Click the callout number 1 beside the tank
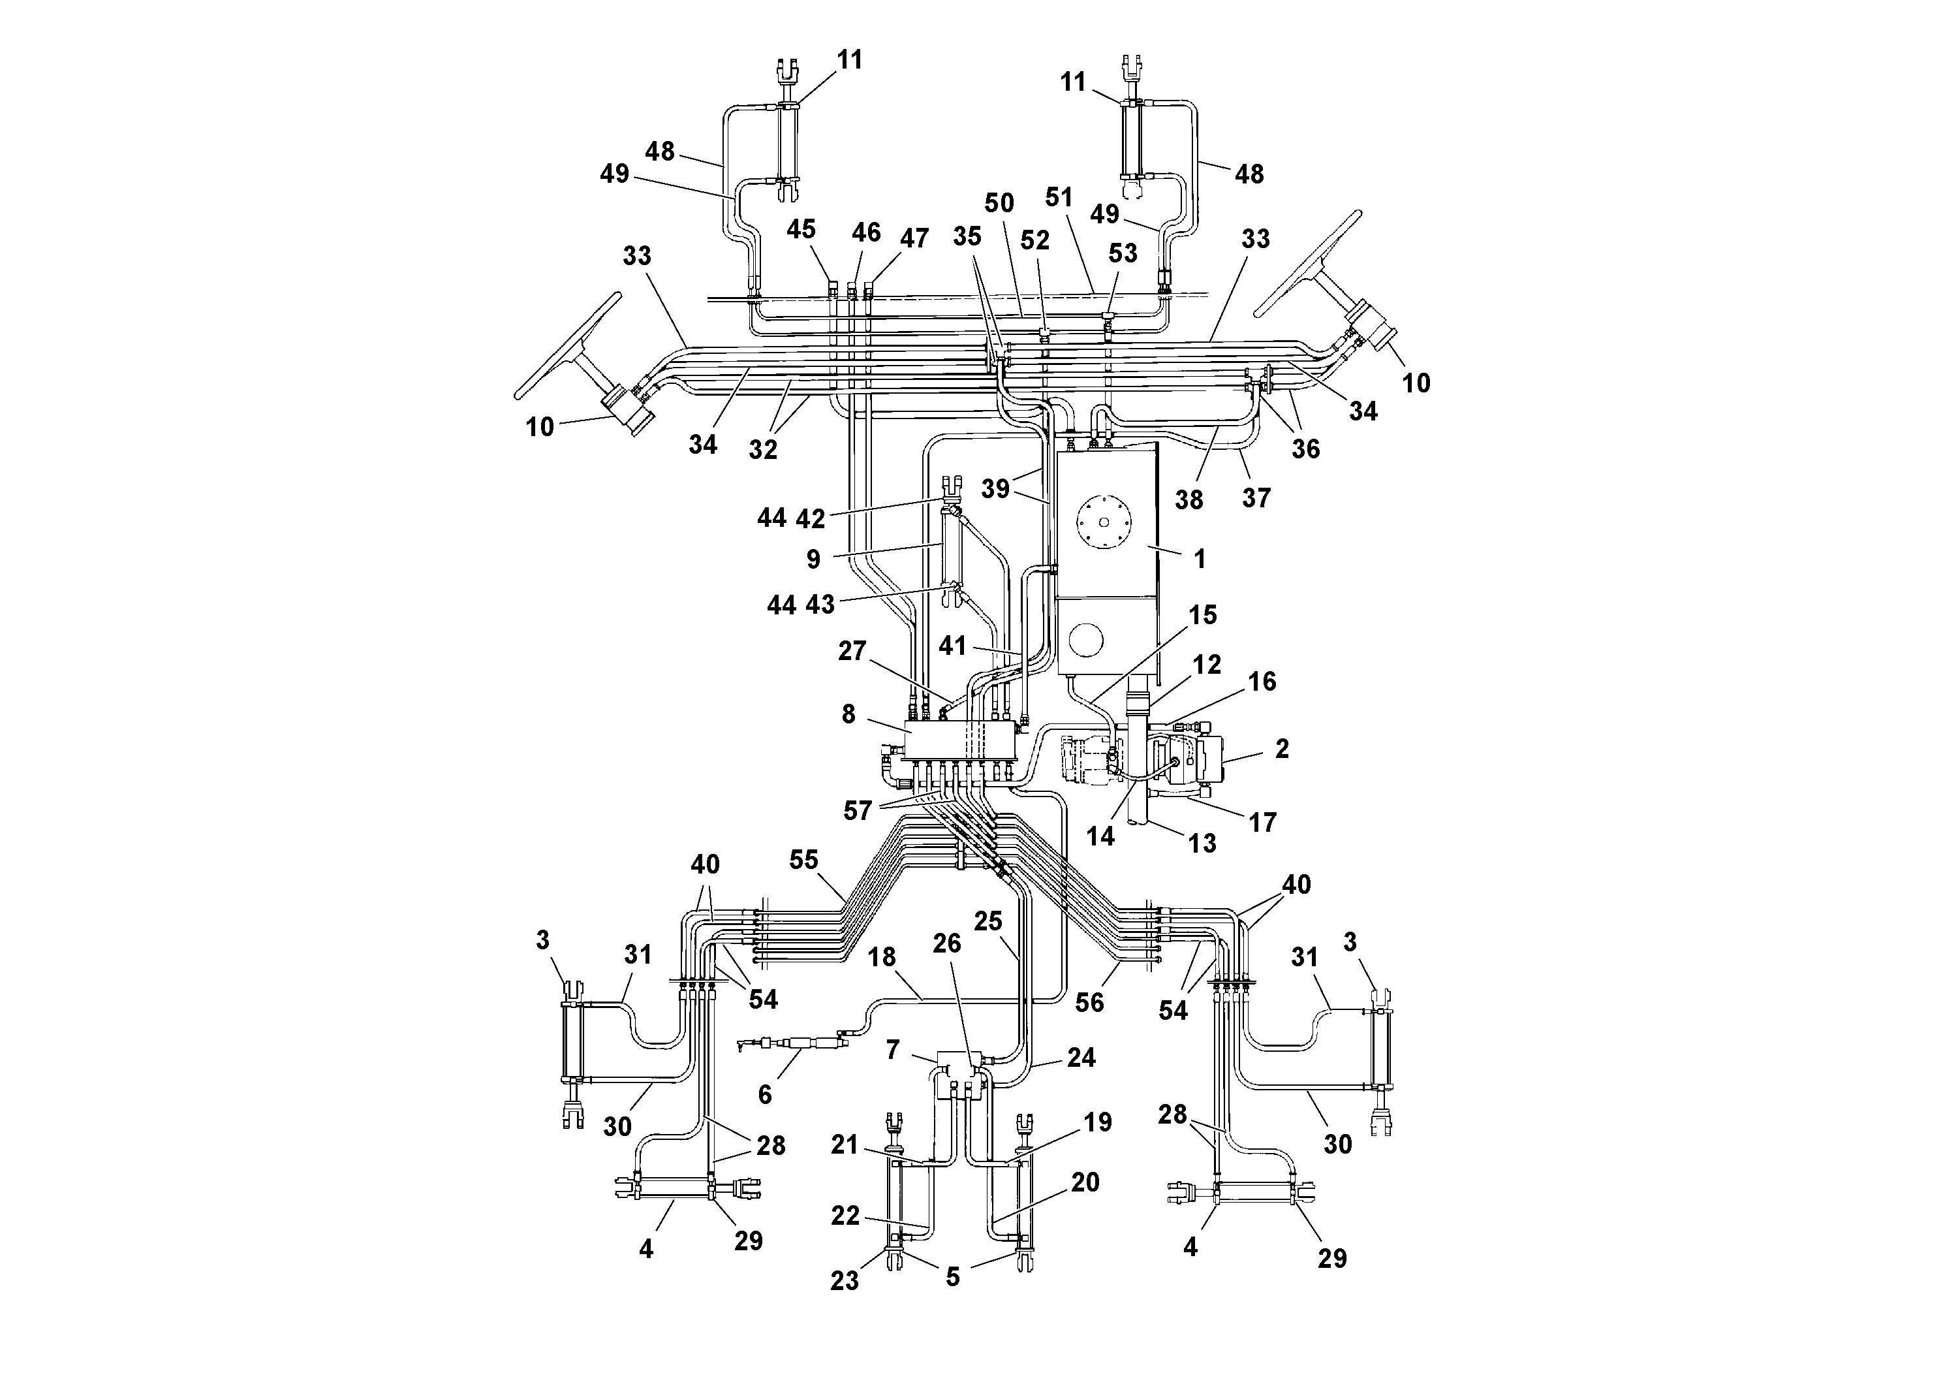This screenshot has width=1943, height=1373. click(1199, 559)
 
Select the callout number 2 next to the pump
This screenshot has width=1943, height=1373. click(1281, 748)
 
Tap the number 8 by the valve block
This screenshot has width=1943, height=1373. click(848, 714)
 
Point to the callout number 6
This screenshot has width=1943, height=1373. click(765, 1094)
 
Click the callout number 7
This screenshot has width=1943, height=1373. click(893, 1050)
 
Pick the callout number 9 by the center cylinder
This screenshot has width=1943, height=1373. click(813, 559)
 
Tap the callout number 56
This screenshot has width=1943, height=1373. click(1089, 1002)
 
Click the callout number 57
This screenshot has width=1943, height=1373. click(857, 811)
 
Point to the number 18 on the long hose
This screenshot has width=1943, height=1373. click(882, 956)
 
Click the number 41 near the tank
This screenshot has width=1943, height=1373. click(952, 646)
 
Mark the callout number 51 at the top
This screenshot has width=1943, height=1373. click(1059, 197)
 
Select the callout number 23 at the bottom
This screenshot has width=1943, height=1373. click(844, 1281)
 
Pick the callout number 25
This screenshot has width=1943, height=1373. click(987, 921)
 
